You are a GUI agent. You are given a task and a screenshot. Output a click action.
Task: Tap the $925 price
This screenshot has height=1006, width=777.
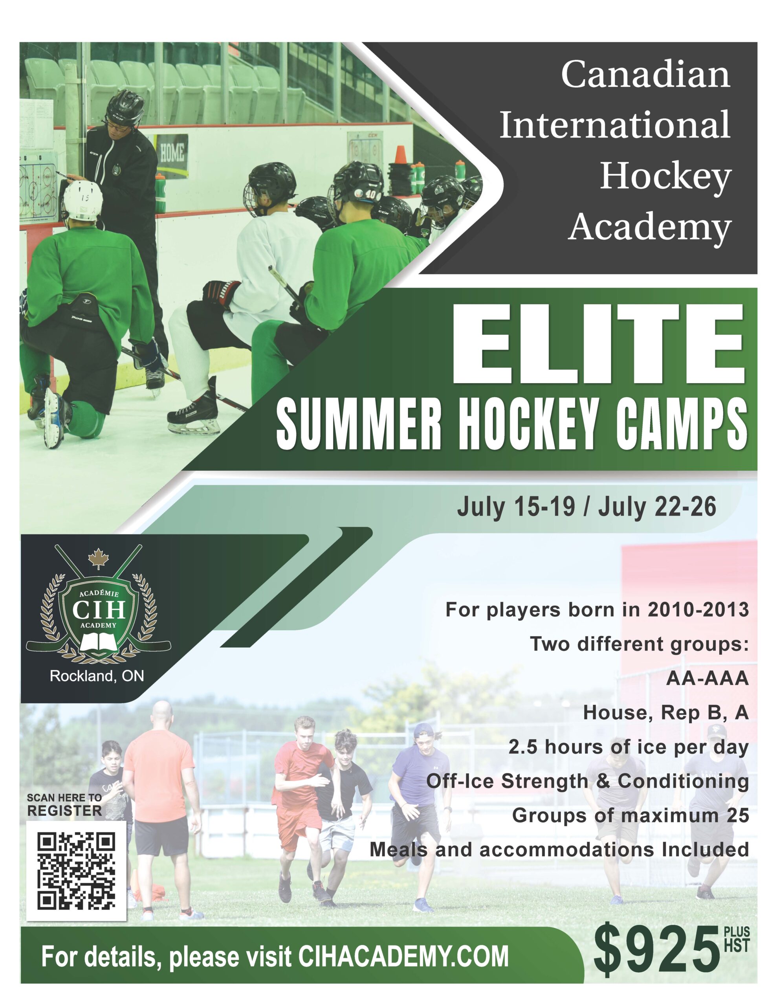656,953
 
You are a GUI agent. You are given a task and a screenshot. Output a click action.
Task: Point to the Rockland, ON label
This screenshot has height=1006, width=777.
97,676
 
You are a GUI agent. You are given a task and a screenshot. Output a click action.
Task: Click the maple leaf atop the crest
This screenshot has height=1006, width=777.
98,558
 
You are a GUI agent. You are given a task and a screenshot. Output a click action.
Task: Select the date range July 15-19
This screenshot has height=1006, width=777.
516,507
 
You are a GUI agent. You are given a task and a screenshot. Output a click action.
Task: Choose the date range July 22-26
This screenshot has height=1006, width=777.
657,507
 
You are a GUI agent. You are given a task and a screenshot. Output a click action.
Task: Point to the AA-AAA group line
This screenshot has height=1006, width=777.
707,679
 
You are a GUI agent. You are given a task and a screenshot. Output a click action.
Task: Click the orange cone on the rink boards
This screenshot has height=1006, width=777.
400,155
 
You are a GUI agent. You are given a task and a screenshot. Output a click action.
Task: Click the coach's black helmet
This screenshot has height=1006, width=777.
125,107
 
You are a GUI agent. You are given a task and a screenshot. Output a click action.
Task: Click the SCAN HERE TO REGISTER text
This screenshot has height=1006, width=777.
64,805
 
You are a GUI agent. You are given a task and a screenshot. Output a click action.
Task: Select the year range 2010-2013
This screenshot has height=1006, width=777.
698,610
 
